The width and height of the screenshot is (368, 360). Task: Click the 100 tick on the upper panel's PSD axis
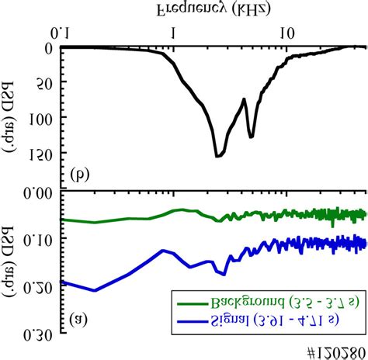click(41, 118)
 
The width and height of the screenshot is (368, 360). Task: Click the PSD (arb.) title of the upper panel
click(11, 118)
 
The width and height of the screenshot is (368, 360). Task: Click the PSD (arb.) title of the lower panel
click(11, 264)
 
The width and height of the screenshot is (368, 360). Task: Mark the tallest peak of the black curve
click(218, 156)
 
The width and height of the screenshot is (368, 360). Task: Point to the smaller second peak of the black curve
click(251, 137)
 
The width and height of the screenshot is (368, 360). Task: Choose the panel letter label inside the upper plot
click(78, 173)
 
